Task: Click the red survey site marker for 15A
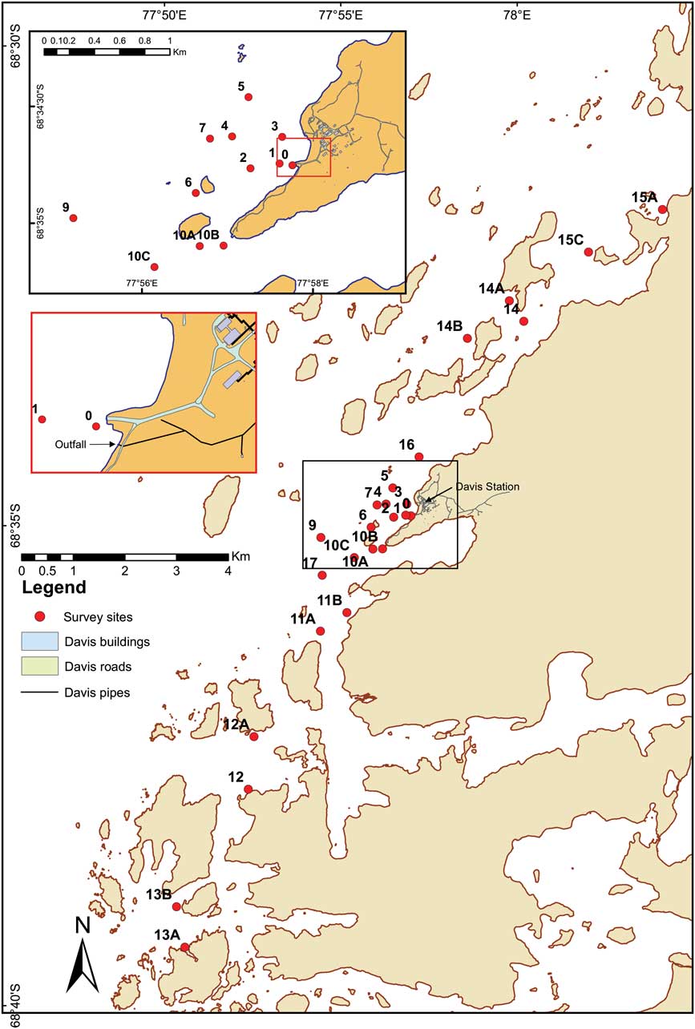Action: (662, 209)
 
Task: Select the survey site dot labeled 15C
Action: (588, 252)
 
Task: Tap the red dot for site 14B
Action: (467, 338)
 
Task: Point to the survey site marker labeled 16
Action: (418, 457)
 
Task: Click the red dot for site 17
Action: (322, 575)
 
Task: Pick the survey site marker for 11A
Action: (320, 631)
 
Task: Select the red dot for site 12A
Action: (254, 736)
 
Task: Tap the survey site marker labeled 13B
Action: (176, 906)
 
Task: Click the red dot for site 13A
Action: (184, 947)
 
